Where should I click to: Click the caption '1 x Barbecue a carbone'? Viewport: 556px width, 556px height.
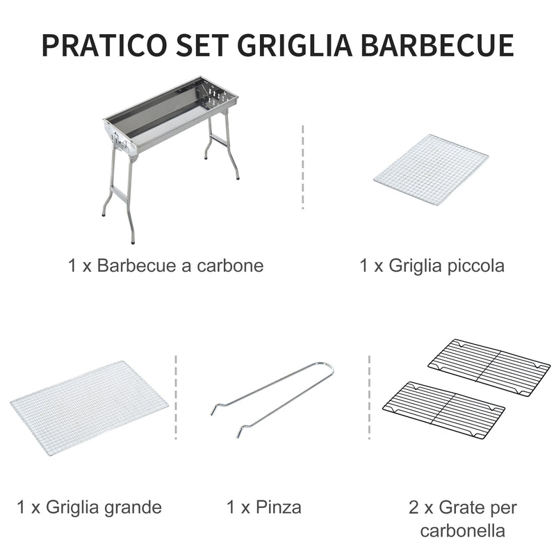coord(166,265)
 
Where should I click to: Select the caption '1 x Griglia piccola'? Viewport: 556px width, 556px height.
coord(432,265)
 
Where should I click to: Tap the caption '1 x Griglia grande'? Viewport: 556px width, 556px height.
coord(89,507)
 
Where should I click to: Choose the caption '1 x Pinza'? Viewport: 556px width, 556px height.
coord(264,507)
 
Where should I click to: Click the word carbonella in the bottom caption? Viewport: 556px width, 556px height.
coord(462,532)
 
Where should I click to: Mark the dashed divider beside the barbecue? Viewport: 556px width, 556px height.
coord(303,167)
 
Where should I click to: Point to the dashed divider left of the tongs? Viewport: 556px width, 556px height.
coord(176,398)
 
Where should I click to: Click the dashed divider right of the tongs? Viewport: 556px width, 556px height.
coord(369,398)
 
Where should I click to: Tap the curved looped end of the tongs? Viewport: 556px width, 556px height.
coord(327,368)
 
